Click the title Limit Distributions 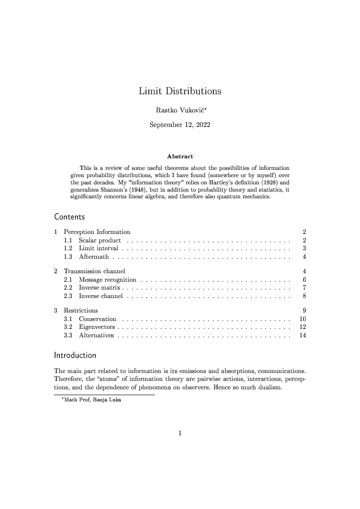tap(180, 91)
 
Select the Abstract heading tap(180, 157)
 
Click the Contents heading tap(70, 216)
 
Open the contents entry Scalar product tap(100, 241)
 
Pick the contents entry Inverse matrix tap(100, 288)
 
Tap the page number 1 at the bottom tap(180, 432)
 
